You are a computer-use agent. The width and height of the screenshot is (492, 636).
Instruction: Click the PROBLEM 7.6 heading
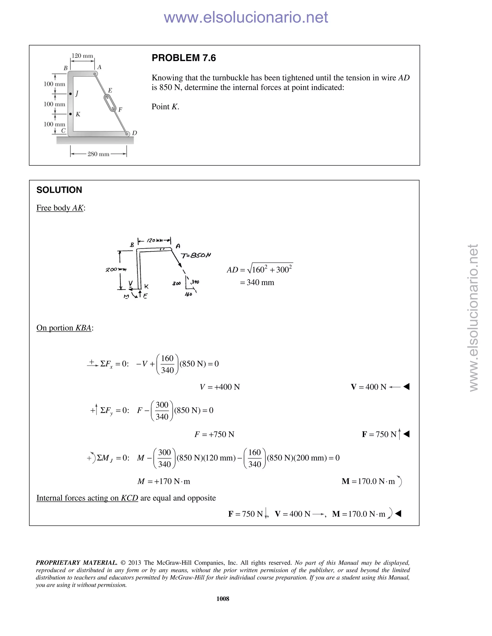184,58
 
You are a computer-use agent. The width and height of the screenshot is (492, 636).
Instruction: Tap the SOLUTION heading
59,190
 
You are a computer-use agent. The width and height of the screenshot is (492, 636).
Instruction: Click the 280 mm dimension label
98,154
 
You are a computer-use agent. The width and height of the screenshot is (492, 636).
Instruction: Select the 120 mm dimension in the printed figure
82,56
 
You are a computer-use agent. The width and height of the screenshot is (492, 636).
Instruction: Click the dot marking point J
71,94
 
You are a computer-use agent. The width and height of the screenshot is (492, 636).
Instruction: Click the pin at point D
127,134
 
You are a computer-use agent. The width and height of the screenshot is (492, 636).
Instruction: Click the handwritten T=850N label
196,256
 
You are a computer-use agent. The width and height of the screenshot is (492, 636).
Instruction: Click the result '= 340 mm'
257,282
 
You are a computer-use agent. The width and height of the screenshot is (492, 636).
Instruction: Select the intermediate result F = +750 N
214,434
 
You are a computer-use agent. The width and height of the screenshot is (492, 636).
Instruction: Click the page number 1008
223,599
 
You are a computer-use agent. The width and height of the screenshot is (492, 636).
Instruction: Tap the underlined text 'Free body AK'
60,208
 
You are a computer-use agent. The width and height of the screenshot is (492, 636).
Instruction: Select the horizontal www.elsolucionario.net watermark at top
246,17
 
